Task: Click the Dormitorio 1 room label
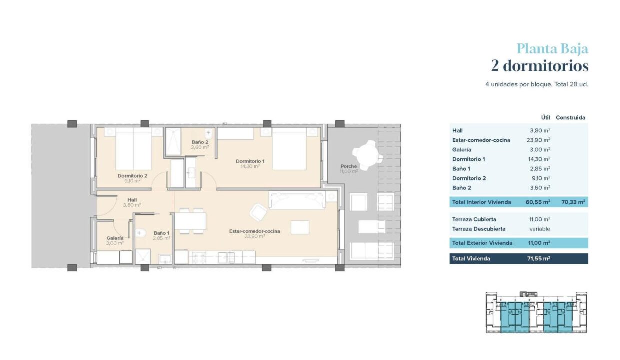(250, 161)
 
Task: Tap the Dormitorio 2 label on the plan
(132, 176)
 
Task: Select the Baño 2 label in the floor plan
(200, 142)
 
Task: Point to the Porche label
(349, 166)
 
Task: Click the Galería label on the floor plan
(115, 238)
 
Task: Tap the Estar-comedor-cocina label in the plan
(254, 231)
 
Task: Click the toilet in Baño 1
(141, 233)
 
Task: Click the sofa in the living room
(297, 201)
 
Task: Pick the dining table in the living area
(190, 221)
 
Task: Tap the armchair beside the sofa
(258, 213)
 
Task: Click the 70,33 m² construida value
(573, 202)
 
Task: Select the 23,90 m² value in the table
(538, 140)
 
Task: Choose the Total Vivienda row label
(471, 258)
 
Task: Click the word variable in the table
(540, 229)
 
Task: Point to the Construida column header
(570, 118)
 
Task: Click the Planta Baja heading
(552, 49)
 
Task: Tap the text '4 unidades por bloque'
(518, 84)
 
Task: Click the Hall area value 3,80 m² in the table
(540, 130)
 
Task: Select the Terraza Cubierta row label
(474, 219)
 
